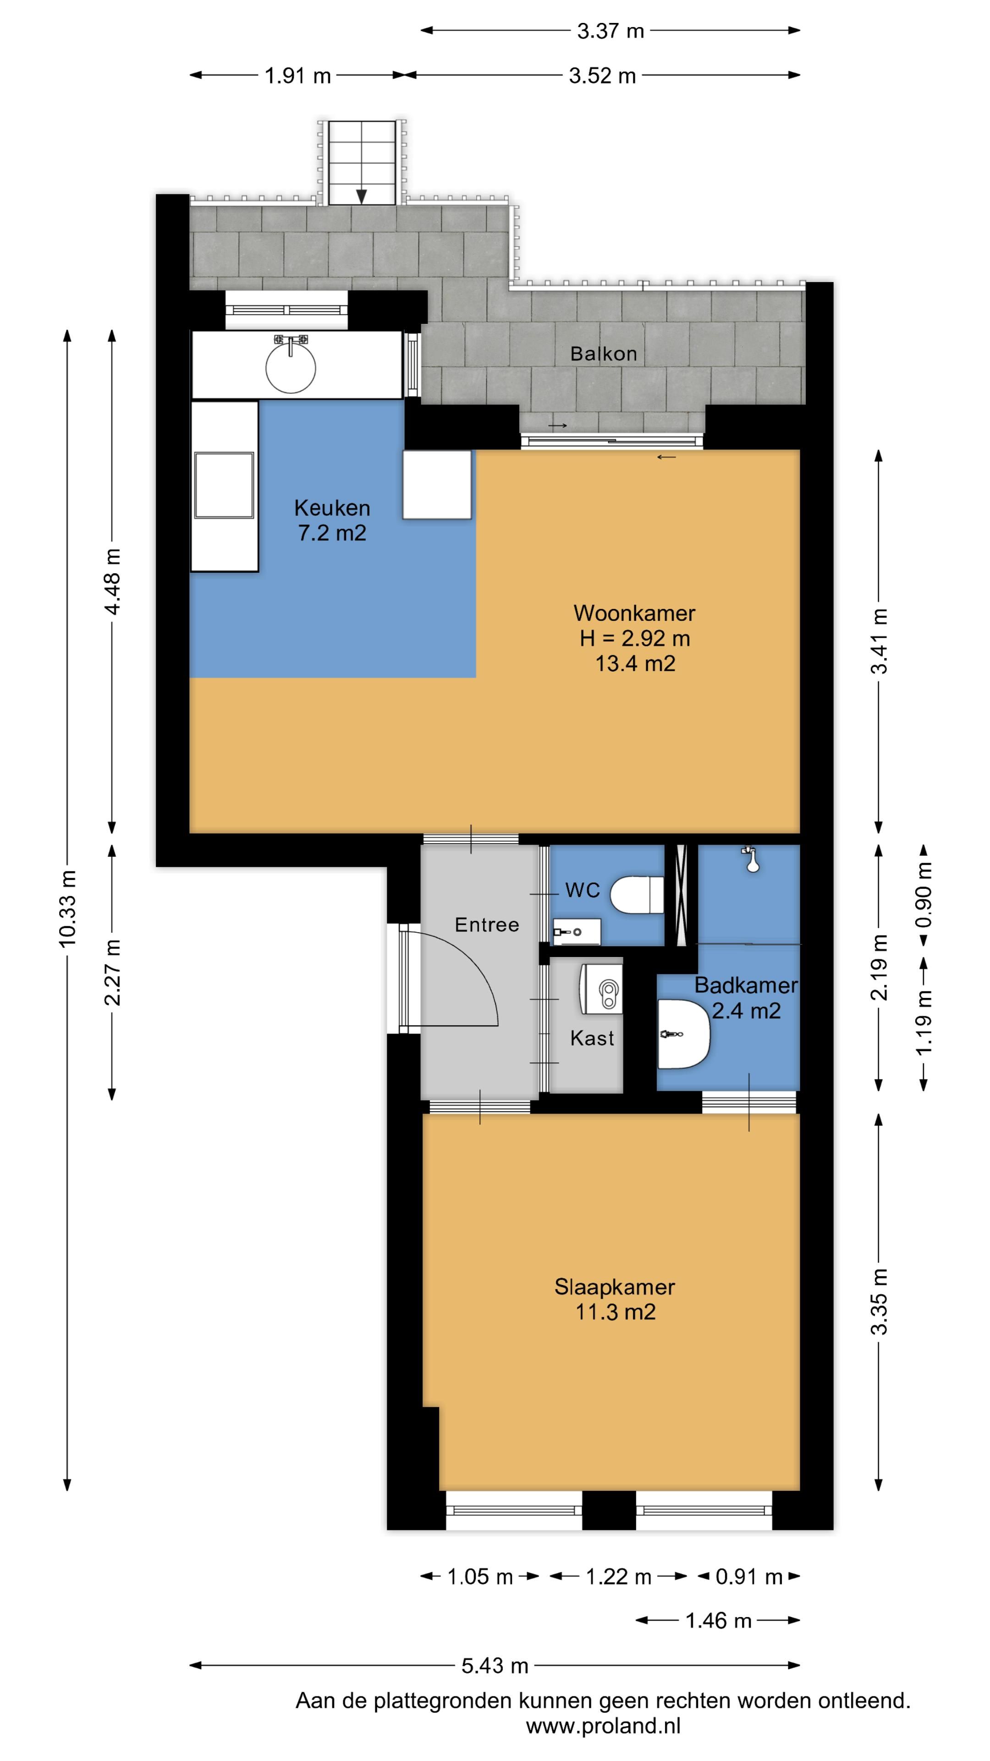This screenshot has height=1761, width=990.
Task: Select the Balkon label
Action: tap(603, 354)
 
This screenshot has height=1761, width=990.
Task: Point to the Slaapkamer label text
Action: tap(614, 1286)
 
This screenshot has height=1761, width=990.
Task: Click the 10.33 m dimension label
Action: tap(67, 908)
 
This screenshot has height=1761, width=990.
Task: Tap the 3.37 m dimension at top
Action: tap(610, 31)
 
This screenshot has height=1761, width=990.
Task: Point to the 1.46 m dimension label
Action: tap(718, 1620)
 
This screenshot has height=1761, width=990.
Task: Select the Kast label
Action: tap(592, 1038)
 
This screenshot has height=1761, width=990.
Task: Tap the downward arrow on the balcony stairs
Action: tap(362, 196)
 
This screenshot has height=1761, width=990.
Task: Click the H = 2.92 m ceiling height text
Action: tap(635, 638)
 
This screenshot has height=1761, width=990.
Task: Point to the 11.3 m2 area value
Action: tap(615, 1312)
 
